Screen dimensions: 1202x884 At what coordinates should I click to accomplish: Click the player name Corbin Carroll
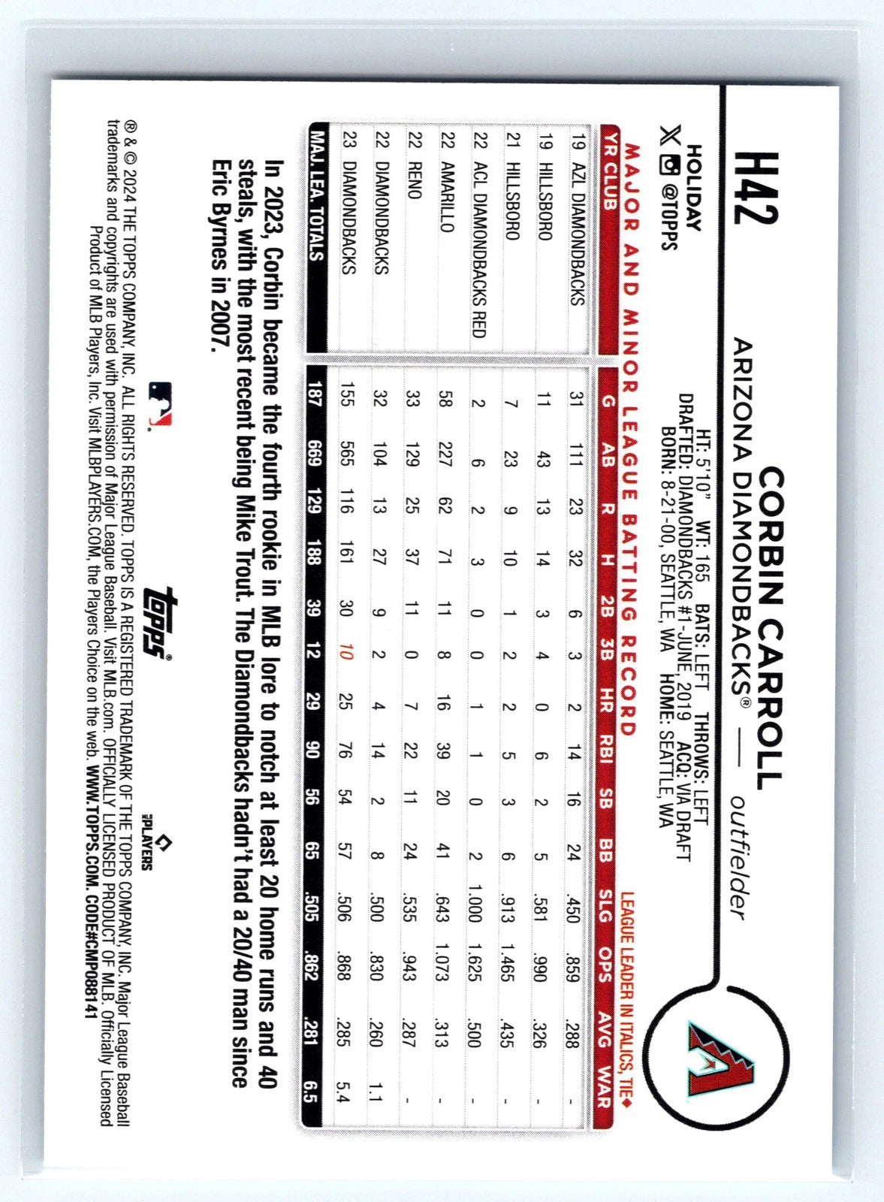[x=771, y=627]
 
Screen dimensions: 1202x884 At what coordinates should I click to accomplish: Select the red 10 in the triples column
[x=346, y=663]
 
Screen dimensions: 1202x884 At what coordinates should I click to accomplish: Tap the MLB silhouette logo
[x=160, y=403]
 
